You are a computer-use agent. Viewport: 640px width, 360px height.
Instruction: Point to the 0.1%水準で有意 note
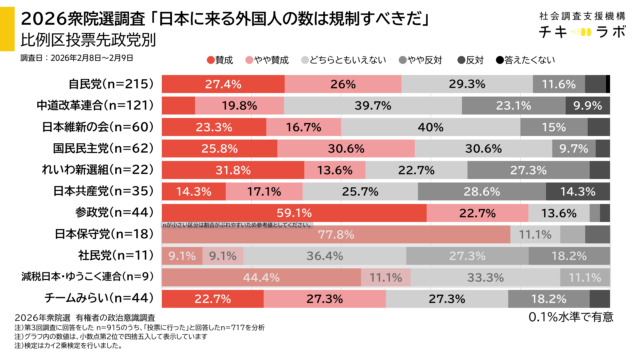point(572,318)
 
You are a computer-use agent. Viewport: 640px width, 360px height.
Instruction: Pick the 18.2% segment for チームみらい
point(547,297)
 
